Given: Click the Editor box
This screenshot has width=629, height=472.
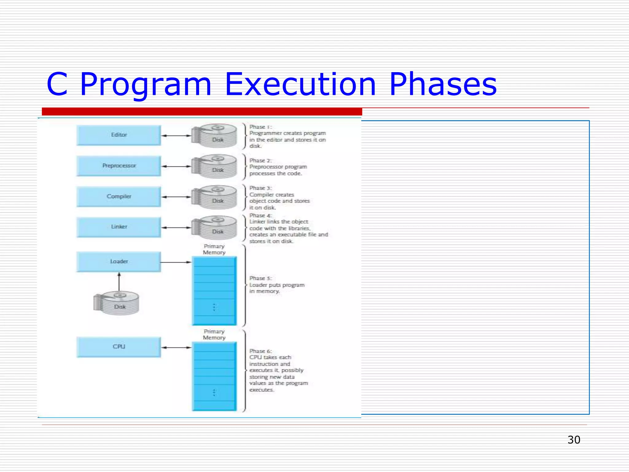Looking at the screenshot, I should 119,135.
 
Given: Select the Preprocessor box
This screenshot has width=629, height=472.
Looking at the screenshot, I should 119,166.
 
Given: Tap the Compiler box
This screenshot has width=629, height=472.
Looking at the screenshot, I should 119,196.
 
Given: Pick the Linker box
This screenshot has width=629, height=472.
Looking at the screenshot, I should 119,227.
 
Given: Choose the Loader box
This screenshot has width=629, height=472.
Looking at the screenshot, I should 119,262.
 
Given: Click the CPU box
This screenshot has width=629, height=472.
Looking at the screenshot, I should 119,347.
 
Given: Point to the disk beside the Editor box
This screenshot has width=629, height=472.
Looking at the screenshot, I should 215,136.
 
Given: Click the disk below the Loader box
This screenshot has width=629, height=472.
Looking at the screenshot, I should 117,303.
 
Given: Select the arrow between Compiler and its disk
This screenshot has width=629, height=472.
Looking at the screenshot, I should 176,197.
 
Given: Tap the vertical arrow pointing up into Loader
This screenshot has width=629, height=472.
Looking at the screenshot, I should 119,281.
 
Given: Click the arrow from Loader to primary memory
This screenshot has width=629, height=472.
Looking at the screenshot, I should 176,262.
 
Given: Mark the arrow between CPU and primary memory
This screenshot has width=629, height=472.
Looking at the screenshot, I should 176,348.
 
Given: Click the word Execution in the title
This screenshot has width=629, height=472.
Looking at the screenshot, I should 300,84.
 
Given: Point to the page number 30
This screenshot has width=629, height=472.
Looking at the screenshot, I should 574,440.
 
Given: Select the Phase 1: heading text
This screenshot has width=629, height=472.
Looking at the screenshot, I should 260,127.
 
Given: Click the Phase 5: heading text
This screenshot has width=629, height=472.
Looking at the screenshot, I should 260,278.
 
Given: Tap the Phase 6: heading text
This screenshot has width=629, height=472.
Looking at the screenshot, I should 260,351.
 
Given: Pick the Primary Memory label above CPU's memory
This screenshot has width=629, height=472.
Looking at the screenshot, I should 214,335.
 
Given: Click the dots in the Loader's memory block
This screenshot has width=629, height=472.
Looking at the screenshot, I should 214,307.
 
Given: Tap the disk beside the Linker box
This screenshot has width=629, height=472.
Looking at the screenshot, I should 215,228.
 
